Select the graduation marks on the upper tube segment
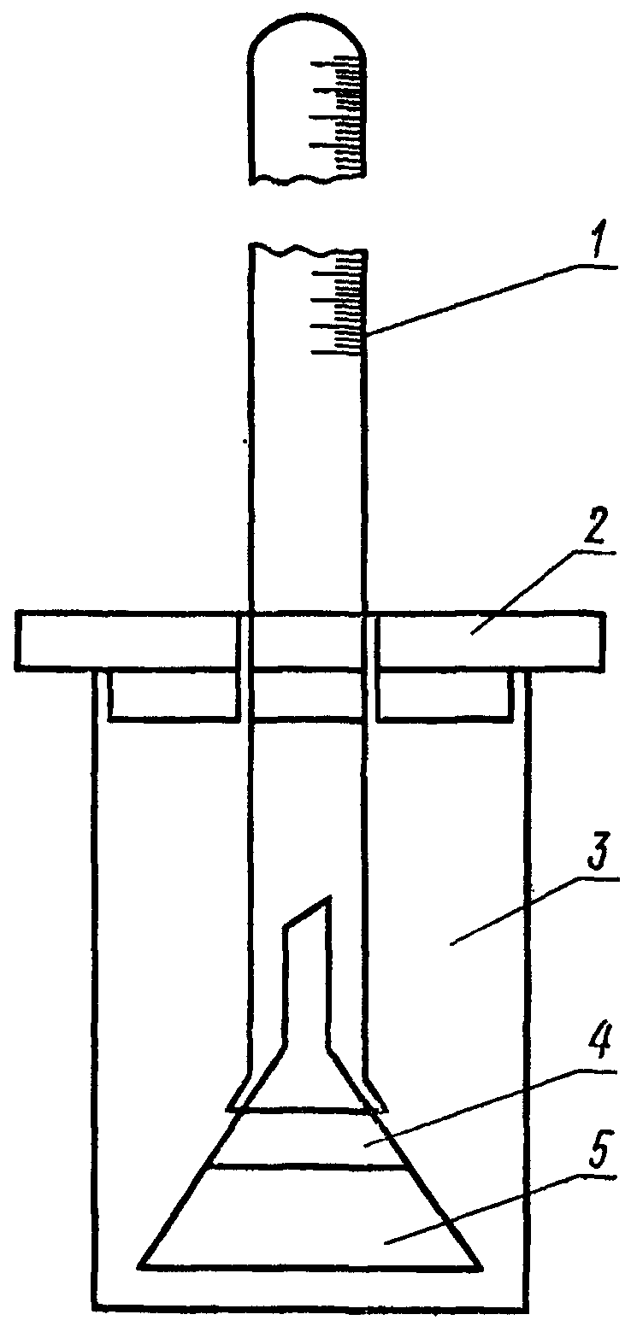[342, 115]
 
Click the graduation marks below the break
[342, 303]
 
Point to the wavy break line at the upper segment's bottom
[308, 179]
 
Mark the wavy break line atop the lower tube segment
[308, 249]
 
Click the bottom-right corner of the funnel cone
[481, 1265]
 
